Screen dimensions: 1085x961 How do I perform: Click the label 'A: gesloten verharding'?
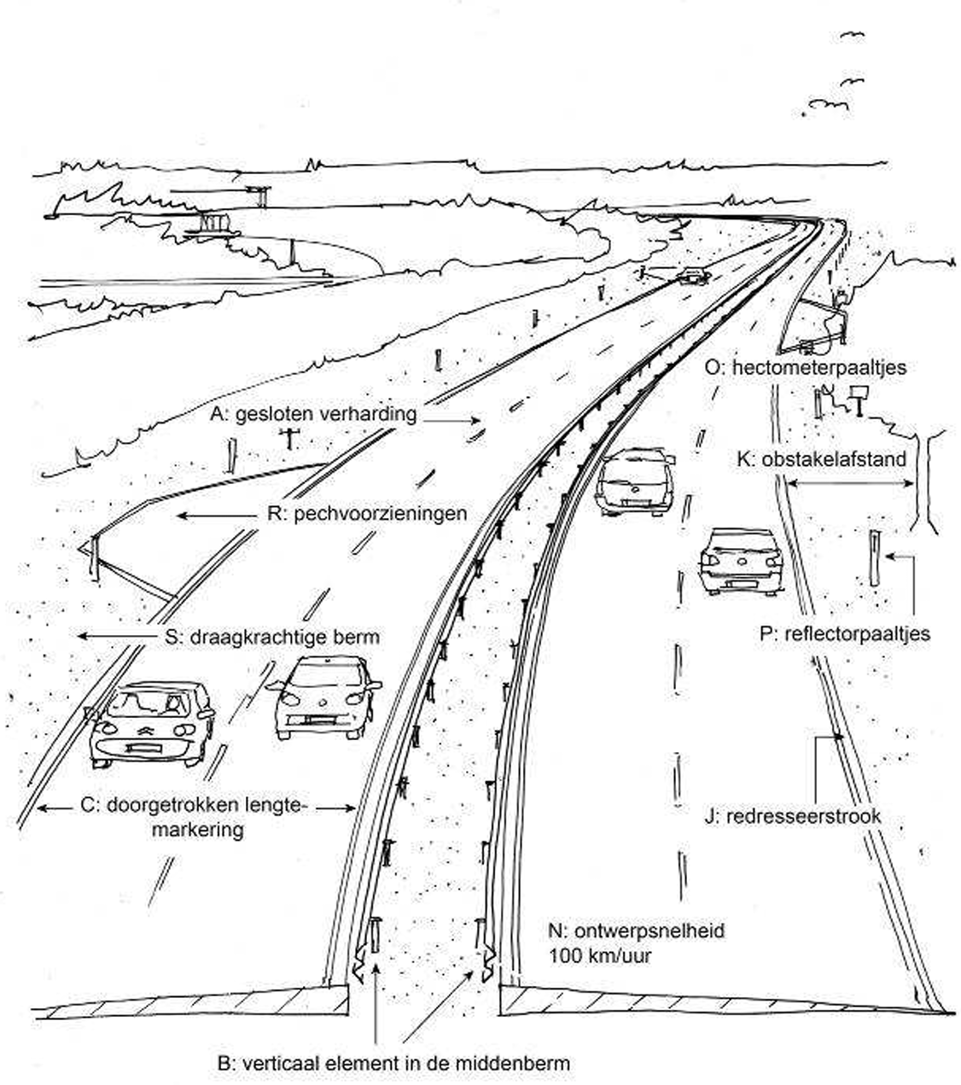pos(314,415)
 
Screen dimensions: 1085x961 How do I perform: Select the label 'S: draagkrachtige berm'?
pos(272,637)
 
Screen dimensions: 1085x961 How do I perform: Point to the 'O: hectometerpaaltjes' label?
pos(806,367)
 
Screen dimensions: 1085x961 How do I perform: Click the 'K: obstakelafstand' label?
pos(821,459)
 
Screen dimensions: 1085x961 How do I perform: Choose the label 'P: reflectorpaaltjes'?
pos(844,634)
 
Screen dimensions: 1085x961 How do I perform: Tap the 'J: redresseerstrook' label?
pos(793,816)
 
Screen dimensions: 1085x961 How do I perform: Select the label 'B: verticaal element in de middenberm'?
pos(393,1064)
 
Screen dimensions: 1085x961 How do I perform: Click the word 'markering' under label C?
pos(197,830)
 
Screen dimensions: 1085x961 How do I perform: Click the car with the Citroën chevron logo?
pos(152,722)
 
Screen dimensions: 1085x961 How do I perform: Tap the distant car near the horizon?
pos(693,275)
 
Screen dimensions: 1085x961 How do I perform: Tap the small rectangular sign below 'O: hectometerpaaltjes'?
pos(858,394)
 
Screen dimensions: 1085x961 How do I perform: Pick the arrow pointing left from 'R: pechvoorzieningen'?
pos(216,515)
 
